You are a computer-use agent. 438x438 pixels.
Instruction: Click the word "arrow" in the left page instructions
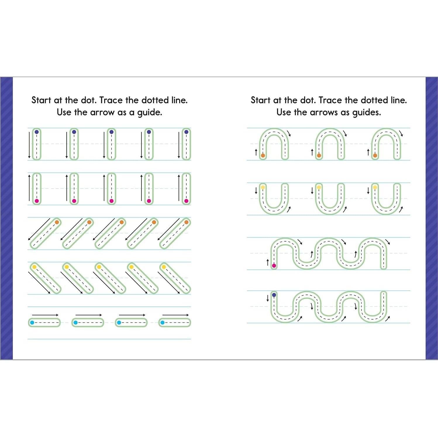(x=102, y=112)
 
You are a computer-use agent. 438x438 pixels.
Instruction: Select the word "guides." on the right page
(x=367, y=112)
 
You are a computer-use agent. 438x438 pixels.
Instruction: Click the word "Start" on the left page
(x=42, y=100)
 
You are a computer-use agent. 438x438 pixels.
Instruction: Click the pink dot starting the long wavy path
(x=274, y=265)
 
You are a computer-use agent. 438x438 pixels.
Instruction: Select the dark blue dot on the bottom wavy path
(x=274, y=295)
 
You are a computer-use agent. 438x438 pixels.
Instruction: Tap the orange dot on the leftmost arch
(x=263, y=156)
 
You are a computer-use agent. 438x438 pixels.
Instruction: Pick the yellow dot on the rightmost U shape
(x=375, y=187)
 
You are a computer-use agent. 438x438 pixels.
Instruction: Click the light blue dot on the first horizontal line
(x=32, y=323)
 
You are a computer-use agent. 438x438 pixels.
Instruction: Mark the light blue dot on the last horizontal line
(x=162, y=323)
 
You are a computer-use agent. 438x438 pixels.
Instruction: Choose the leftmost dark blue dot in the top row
(x=37, y=132)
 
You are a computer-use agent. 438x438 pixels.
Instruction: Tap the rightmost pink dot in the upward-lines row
(x=186, y=201)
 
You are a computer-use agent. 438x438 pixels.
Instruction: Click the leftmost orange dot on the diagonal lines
(x=57, y=222)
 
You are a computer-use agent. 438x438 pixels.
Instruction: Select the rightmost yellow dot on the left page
(x=164, y=267)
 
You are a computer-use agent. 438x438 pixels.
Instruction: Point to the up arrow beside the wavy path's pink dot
(x=268, y=263)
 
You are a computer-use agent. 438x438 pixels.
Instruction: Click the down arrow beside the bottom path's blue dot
(x=268, y=298)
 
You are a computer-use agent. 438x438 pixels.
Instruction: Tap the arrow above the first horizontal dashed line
(x=45, y=315)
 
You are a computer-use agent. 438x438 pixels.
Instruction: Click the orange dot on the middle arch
(x=319, y=156)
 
